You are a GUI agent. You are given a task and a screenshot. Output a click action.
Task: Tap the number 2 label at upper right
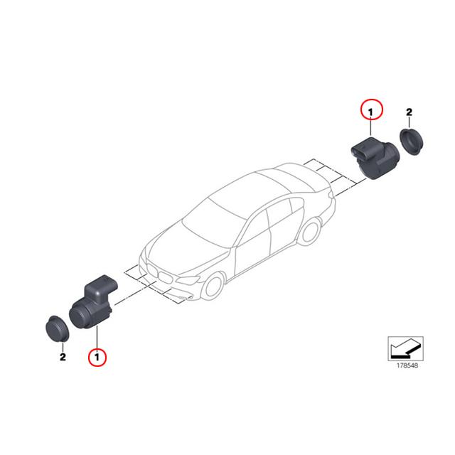point(409,112)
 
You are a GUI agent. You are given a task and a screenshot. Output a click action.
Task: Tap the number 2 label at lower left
point(63,357)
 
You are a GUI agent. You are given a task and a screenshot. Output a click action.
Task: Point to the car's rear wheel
point(310,235)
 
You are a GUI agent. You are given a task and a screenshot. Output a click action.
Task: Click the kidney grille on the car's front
point(163,274)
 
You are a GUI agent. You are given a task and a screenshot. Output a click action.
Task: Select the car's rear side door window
point(284,205)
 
